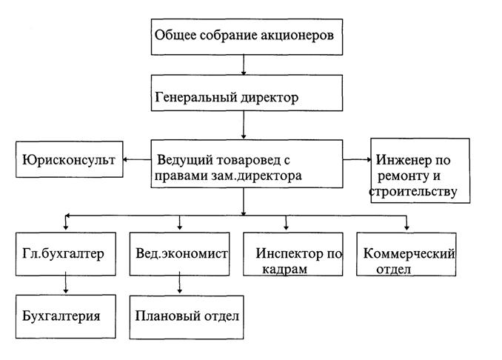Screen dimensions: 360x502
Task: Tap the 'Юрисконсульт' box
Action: pos(68,159)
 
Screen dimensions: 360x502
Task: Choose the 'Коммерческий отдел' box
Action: pos(406,256)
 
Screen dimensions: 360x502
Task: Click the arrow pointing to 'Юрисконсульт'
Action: pos(136,159)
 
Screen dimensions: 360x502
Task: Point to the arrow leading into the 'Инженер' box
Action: pos(357,159)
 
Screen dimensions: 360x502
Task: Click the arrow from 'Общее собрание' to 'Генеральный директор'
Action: pos(244,65)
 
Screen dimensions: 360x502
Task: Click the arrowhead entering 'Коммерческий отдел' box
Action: pos(406,227)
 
